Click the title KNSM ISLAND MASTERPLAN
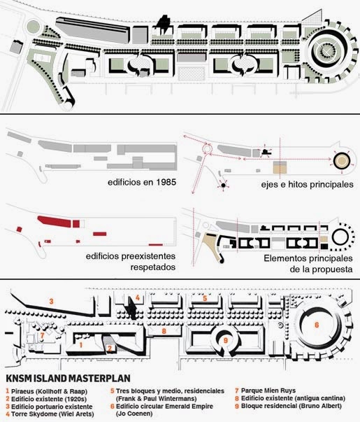[68, 378]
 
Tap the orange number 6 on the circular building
[317, 325]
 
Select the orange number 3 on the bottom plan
[51, 301]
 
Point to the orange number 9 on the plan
[226, 340]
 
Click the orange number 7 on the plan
[42, 336]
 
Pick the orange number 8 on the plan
[164, 331]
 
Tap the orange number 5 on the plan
[205, 298]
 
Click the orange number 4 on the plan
[138, 297]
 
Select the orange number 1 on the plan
[80, 345]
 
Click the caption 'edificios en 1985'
[142, 182]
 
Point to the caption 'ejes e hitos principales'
[307, 184]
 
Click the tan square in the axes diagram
[280, 167]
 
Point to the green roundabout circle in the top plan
[34, 27]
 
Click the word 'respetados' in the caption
[153, 267]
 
